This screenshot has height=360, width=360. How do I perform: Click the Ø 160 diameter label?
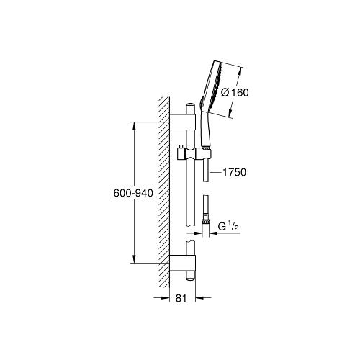[x=235, y=93]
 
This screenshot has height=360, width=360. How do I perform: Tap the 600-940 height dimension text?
[x=133, y=193]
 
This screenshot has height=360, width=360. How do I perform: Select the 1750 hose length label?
[x=234, y=172]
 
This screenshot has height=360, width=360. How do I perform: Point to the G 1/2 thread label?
[x=228, y=226]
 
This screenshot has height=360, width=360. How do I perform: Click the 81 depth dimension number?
[x=181, y=298]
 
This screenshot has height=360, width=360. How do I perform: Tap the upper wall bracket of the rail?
[x=182, y=122]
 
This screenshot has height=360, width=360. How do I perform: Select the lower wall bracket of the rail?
[x=182, y=263]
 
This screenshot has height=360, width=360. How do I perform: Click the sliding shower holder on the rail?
[x=194, y=154]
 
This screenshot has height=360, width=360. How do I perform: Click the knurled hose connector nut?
[x=205, y=222]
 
